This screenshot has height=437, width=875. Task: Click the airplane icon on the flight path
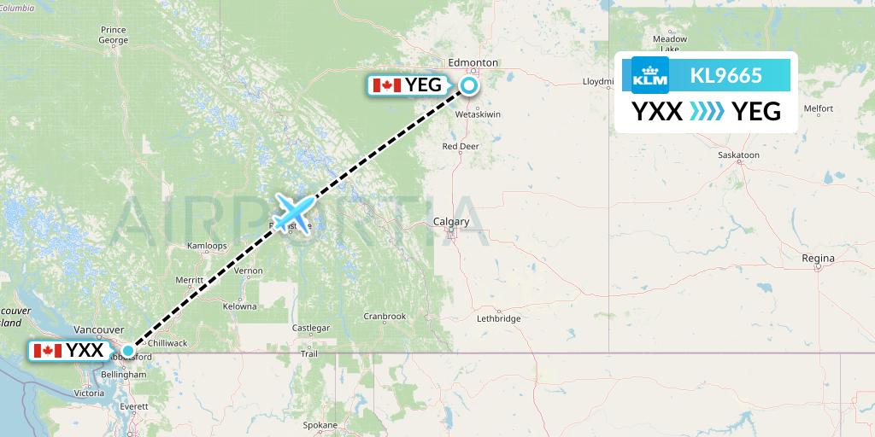294,208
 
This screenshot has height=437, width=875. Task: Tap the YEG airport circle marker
470,84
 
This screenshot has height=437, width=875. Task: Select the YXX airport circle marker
128,350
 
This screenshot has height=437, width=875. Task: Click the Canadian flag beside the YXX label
48,350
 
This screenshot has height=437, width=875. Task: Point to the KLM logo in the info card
649,75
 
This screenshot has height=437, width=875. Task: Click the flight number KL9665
725,75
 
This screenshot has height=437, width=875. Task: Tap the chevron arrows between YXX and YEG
707,111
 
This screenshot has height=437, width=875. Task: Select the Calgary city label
450,222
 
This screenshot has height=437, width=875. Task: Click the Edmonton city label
473,62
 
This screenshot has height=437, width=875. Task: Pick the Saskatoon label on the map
739,155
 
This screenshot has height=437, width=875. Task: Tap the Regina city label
818,258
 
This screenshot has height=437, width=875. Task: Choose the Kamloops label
207,246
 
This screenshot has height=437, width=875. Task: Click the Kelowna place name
238,306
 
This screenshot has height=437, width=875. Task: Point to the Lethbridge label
498,318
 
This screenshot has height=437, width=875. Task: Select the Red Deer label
460,146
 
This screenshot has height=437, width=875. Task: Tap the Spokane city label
320,424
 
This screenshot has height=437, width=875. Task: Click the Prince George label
113,35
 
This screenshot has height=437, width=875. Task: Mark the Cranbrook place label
384,316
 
